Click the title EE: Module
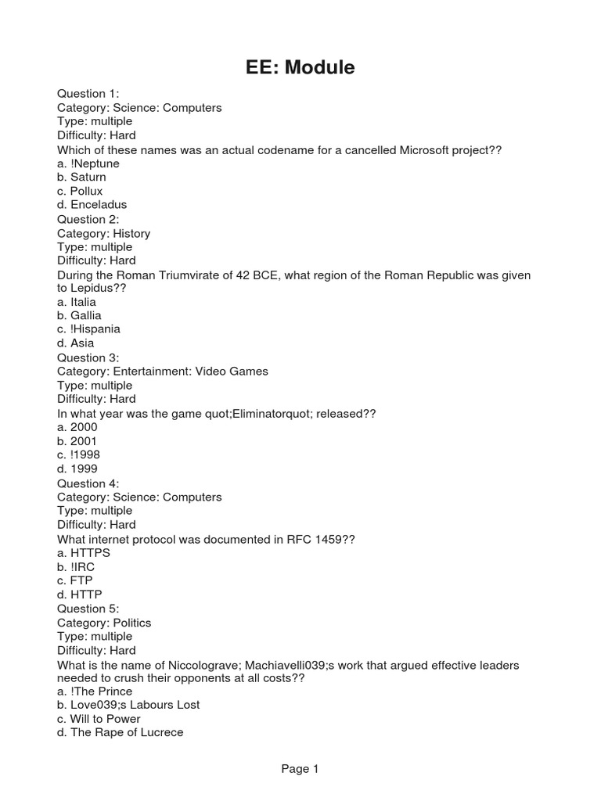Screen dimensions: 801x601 (300, 68)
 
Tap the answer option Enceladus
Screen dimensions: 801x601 (92, 205)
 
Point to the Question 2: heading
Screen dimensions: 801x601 (88, 219)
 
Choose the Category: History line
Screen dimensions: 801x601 (103, 233)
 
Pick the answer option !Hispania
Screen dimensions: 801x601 (88, 329)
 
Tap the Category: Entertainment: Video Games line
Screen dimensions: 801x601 (163, 372)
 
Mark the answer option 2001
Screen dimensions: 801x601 (77, 441)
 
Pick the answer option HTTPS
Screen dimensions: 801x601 (84, 552)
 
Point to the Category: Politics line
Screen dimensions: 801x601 (104, 623)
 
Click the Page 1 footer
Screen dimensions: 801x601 (300, 769)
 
